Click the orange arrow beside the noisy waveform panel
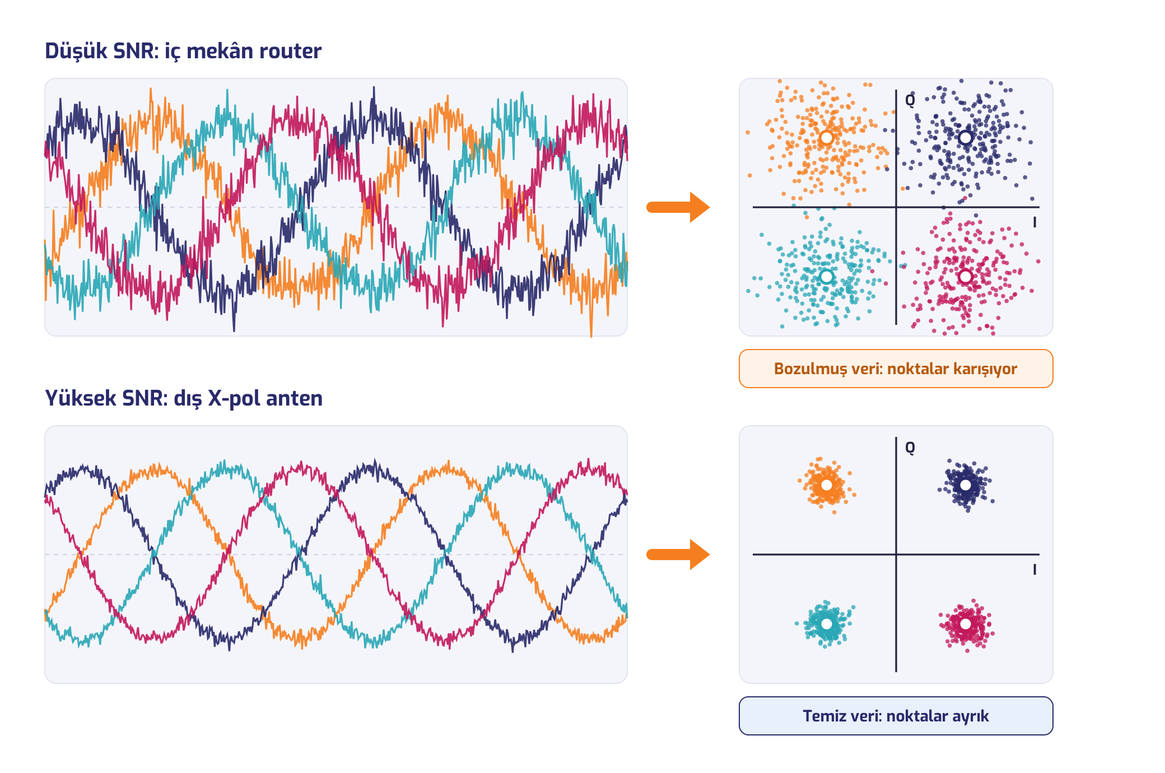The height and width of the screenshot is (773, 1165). [x=678, y=207]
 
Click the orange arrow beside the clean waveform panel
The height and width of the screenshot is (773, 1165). [x=678, y=555]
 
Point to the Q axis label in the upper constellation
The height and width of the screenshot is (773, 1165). [x=910, y=100]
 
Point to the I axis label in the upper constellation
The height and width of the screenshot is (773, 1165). [x=1034, y=222]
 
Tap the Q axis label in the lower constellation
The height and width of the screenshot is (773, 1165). [x=910, y=448]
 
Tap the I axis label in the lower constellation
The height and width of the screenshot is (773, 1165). [x=1034, y=570]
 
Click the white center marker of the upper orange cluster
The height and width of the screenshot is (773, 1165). [x=827, y=138]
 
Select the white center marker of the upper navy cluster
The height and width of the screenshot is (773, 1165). [x=966, y=138]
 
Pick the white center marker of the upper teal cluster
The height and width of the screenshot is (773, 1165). [x=827, y=277]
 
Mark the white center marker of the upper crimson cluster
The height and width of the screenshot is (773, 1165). [x=966, y=277]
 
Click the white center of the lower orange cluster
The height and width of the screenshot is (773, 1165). [x=827, y=485]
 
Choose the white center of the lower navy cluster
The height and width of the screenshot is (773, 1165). [x=966, y=485]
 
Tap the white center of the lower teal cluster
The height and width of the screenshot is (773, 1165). [x=827, y=624]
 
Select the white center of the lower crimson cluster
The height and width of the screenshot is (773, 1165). [x=966, y=624]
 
